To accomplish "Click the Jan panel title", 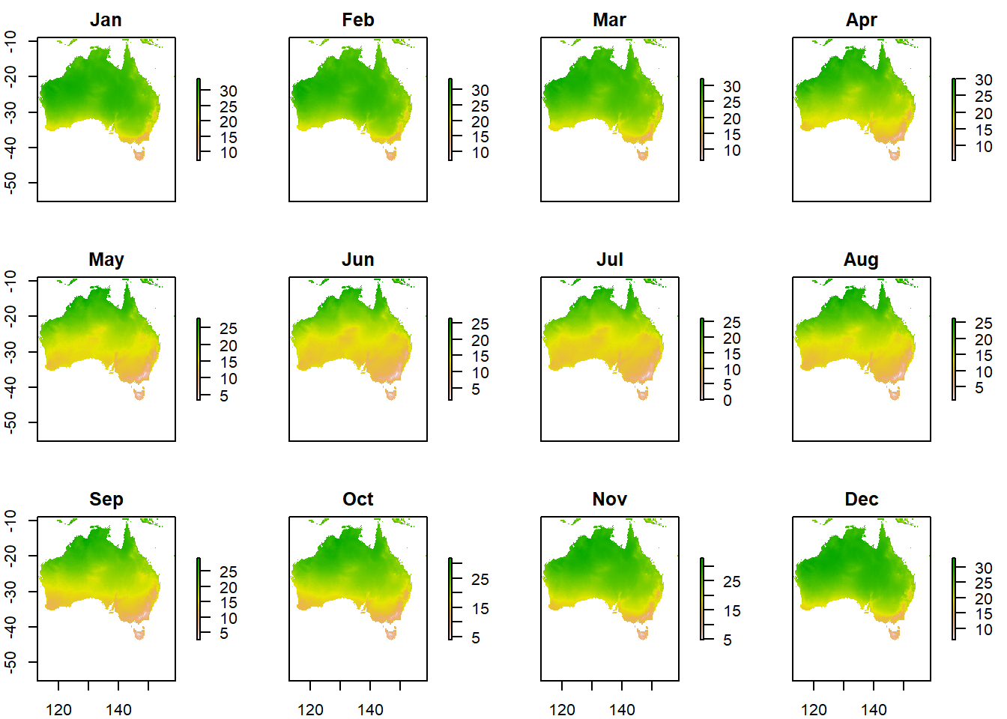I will [106, 20].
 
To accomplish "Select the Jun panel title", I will [357, 260].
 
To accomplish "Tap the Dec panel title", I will [861, 500].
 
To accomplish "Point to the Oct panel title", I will [357, 500].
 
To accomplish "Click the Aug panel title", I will [861, 260].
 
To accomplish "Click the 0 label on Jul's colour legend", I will [728, 401].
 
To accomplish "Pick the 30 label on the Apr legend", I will [984, 80].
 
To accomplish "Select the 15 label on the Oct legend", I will [480, 609].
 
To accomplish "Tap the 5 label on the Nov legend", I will [728, 640].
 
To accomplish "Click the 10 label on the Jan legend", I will [229, 153].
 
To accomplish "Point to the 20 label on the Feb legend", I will [480, 121].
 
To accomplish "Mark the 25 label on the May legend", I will [229, 329].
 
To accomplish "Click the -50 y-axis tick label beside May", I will [10, 422].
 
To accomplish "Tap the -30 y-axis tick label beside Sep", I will [10, 591].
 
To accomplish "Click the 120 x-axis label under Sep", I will [58, 709].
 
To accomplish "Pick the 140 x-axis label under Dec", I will [874, 709].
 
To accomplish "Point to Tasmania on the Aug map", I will [895, 394].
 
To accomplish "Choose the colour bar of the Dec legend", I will [954, 598].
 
